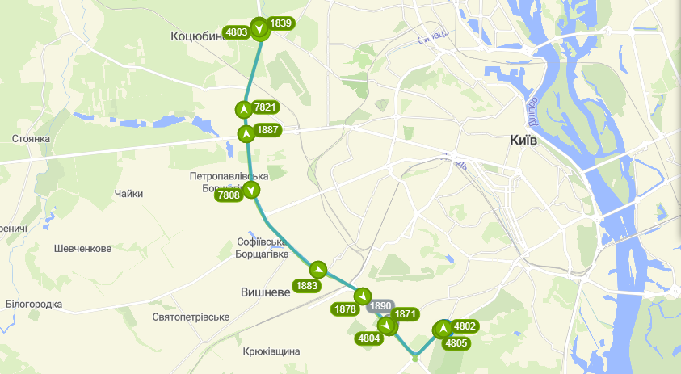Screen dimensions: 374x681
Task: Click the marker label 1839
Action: [280, 23]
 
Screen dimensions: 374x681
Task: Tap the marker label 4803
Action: [237, 32]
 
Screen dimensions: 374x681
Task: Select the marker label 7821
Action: [266, 107]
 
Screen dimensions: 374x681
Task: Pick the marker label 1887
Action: [267, 130]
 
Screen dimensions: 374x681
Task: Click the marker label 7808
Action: [228, 195]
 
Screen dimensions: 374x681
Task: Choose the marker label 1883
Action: [307, 285]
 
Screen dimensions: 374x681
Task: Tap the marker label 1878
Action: [345, 309]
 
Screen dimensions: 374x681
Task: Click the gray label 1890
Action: [380, 307]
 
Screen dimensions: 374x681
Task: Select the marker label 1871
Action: [406, 314]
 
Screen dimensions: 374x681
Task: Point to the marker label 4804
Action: [369, 338]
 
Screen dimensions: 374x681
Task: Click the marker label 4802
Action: [465, 326]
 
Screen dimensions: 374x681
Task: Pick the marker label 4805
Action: [456, 342]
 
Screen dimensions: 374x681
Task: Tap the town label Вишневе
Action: [265, 292]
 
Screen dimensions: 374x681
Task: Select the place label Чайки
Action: [128, 194]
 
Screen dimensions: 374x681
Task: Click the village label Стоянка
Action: [32, 139]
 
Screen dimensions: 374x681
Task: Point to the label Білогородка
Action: [33, 305]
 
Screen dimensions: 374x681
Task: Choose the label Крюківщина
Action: [271, 351]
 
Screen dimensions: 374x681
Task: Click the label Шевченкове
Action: [82, 249]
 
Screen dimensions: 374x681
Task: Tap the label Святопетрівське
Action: [191, 317]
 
